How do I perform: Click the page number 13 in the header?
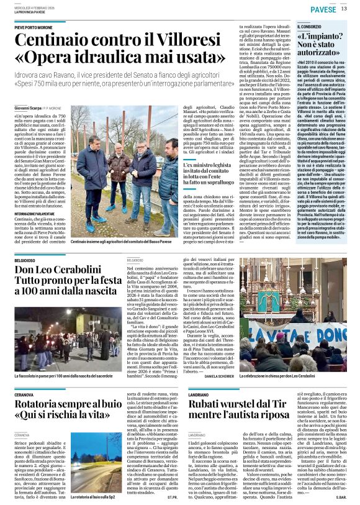click(344, 9)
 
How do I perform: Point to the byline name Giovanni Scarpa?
click(27, 108)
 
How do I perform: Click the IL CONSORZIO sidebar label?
click(310, 27)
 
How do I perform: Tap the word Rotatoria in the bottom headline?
click(43, 407)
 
